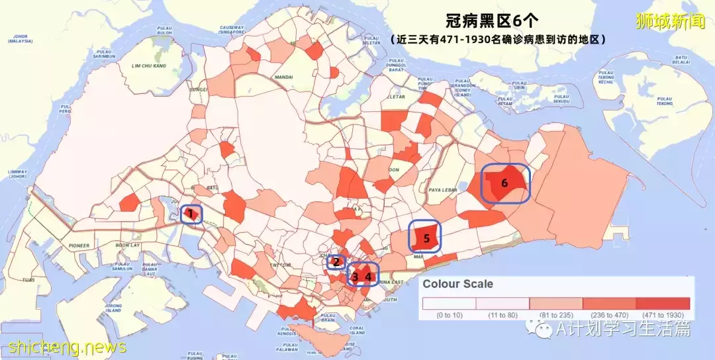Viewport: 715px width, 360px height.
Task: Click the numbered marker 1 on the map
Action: tap(191, 214)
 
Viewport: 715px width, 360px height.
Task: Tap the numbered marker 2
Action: tap(336, 262)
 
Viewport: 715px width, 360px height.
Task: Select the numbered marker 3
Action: tap(356, 277)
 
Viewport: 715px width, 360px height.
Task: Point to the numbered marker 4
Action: tap(369, 277)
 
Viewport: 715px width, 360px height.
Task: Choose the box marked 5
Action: tap(427, 238)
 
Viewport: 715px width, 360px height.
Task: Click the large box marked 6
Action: tap(504, 183)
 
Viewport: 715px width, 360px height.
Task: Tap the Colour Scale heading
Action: tap(458, 284)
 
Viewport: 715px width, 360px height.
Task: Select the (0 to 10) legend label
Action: tap(450, 315)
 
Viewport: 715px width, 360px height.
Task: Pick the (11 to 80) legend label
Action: tap(502, 315)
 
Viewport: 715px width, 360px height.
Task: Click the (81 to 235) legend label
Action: tap(556, 315)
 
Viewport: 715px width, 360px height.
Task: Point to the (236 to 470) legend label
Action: tap(609, 315)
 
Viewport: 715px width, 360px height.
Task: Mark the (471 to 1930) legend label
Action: tap(663, 315)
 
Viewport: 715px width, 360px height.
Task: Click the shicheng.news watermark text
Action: tap(68, 346)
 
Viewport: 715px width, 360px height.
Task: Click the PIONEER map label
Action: tap(78, 246)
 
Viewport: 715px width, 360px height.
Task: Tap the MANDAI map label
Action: tap(283, 77)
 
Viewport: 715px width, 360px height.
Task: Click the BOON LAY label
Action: tap(128, 246)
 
